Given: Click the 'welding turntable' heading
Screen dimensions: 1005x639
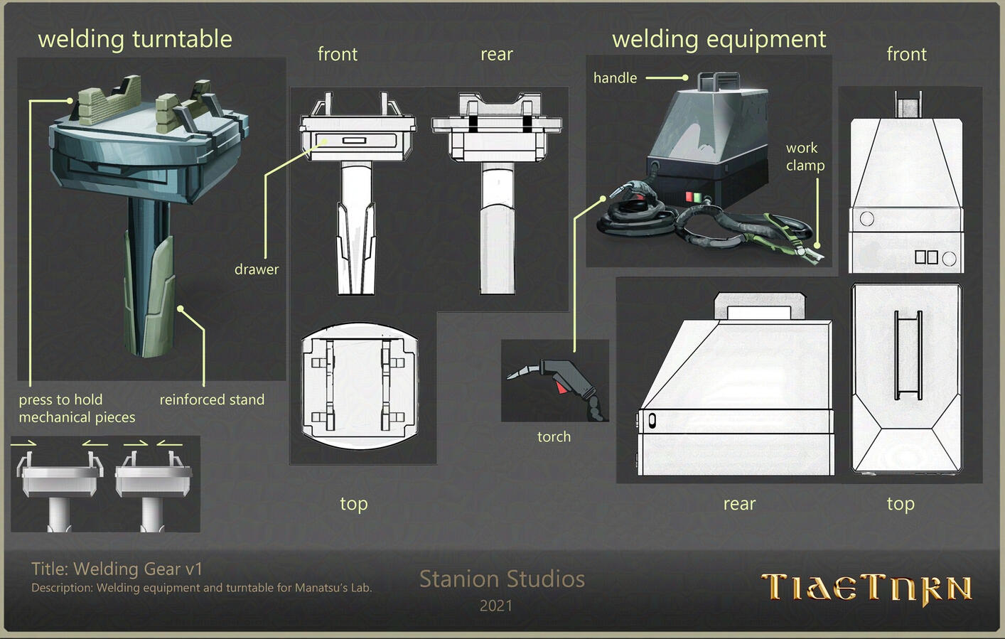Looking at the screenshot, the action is pyautogui.click(x=135, y=40).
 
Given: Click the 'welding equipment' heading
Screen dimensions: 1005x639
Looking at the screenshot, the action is pyautogui.click(x=719, y=40).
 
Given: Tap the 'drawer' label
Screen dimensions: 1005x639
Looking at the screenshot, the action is pyautogui.click(x=256, y=269).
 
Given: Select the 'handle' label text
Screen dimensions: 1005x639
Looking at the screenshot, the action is pyautogui.click(x=615, y=78).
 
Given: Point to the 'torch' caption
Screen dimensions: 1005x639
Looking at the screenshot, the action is pyautogui.click(x=554, y=436).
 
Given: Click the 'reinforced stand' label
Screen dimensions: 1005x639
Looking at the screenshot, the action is pyautogui.click(x=213, y=399).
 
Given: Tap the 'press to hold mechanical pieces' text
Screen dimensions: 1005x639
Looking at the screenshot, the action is pyautogui.click(x=77, y=409).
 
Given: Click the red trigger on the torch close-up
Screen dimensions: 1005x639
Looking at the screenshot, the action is pyautogui.click(x=560, y=387).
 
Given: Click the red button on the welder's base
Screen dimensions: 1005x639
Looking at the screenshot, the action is pyautogui.click(x=689, y=197).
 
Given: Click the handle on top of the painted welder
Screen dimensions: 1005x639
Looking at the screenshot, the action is pyautogui.click(x=719, y=81).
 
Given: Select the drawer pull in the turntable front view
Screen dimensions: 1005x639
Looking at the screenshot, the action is pyautogui.click(x=354, y=141).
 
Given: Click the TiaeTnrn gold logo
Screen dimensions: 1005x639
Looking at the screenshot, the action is pyautogui.click(x=866, y=589).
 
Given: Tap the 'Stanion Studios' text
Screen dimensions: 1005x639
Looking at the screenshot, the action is pyautogui.click(x=502, y=579).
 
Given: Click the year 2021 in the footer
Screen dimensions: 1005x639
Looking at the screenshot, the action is pyautogui.click(x=496, y=606).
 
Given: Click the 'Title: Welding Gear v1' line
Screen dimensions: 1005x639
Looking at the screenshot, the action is pyautogui.click(x=117, y=569).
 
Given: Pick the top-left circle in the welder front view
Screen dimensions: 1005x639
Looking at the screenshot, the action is pyautogui.click(x=867, y=219).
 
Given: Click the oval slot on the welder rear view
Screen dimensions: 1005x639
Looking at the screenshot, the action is pyautogui.click(x=652, y=421).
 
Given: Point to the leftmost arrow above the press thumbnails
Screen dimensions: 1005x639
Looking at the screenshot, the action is pyautogui.click(x=23, y=444).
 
